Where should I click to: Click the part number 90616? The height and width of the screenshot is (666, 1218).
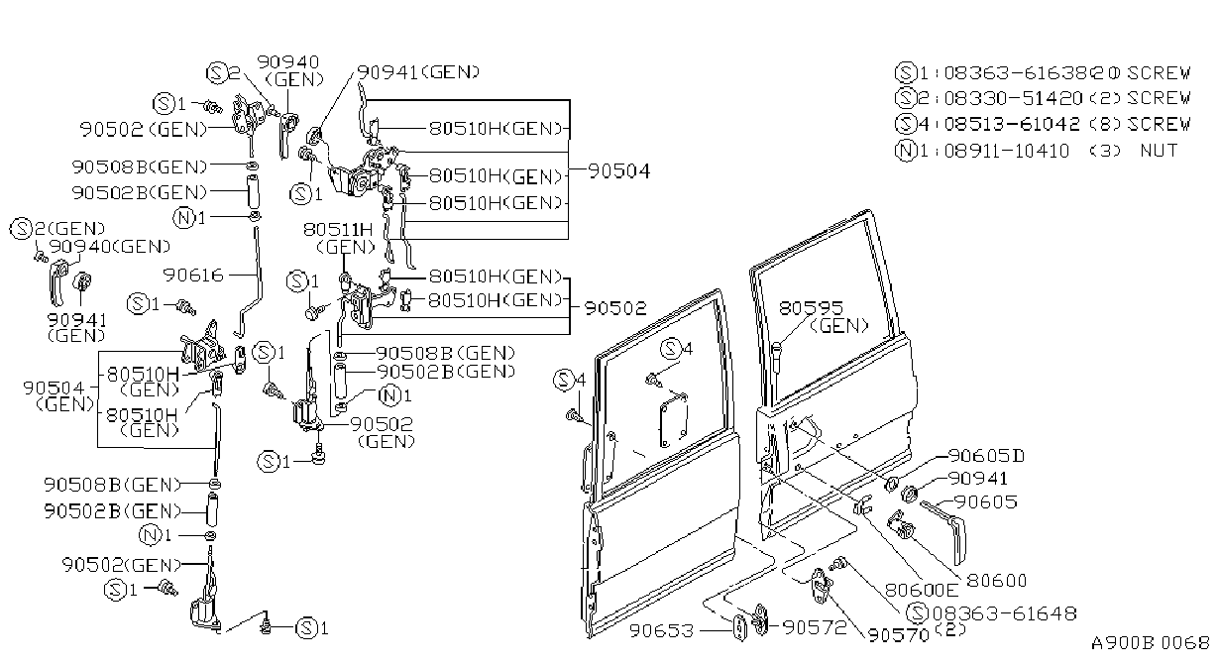pyautogui.click(x=193, y=276)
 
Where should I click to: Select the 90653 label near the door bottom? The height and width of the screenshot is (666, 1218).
pyautogui.click(x=661, y=630)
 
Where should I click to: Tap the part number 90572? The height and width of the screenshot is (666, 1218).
pyautogui.click(x=815, y=628)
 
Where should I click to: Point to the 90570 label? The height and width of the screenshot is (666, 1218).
pyautogui.click(x=898, y=635)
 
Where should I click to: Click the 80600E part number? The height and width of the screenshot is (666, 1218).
pyautogui.click(x=921, y=590)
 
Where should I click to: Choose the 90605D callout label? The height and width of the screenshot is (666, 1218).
pyautogui.click(x=986, y=455)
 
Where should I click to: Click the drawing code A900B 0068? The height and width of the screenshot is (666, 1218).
pyautogui.click(x=1150, y=643)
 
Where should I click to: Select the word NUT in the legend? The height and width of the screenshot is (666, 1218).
pyautogui.click(x=1160, y=150)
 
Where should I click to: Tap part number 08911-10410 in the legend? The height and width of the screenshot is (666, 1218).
pyautogui.click(x=1007, y=151)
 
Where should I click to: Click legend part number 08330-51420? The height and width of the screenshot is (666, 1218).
pyautogui.click(x=1014, y=98)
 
